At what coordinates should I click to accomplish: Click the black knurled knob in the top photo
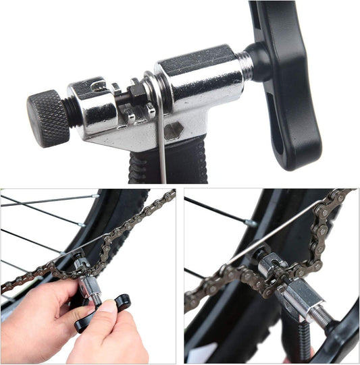[47, 118]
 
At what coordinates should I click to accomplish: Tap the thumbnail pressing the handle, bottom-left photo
[108, 308]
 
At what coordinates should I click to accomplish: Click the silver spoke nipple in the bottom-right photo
[251, 223]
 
